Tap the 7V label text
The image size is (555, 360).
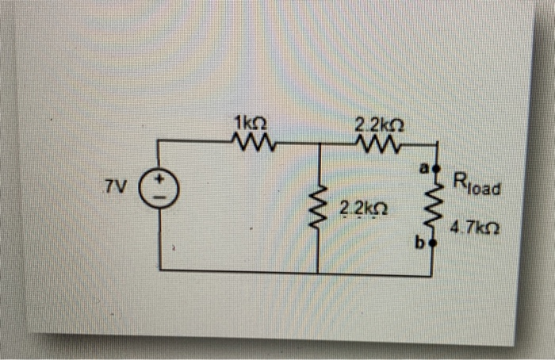(116, 188)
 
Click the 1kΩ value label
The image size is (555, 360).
(251, 123)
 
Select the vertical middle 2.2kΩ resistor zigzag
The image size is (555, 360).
(318, 208)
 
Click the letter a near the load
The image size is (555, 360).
(423, 168)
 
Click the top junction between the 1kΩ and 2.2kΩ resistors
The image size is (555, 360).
(318, 144)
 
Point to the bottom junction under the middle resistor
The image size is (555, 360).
(318, 273)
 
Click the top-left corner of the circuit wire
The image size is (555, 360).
(161, 141)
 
